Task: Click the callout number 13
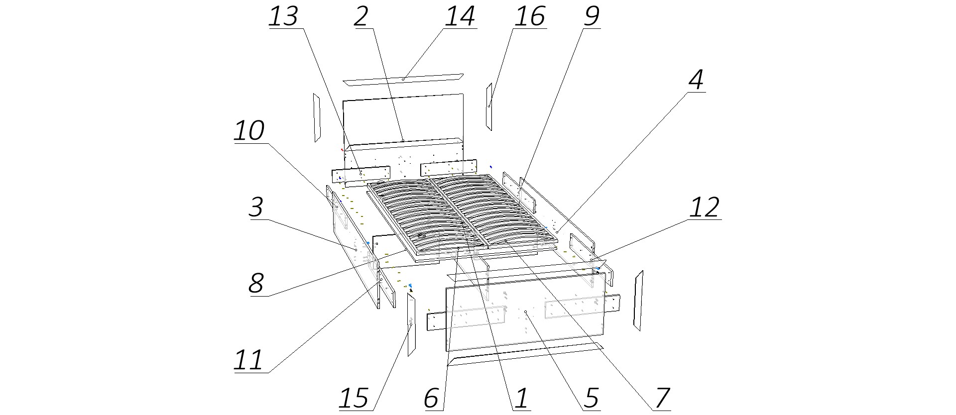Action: click(x=283, y=16)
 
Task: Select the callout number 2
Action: click(x=361, y=16)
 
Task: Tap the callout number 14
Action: click(x=460, y=16)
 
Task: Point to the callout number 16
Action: click(x=530, y=16)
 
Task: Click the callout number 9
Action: click(x=591, y=16)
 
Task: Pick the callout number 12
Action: click(x=704, y=207)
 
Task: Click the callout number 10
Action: click(x=249, y=131)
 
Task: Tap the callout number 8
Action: click(x=256, y=284)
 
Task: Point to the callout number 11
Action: click(x=248, y=360)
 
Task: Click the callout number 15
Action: click(x=354, y=399)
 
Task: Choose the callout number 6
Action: click(x=432, y=399)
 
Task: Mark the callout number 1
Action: click(x=521, y=399)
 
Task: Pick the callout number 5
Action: click(x=591, y=399)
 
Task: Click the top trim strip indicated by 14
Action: click(x=403, y=80)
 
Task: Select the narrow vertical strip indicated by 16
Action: click(x=489, y=106)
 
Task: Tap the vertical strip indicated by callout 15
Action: click(x=411, y=324)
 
